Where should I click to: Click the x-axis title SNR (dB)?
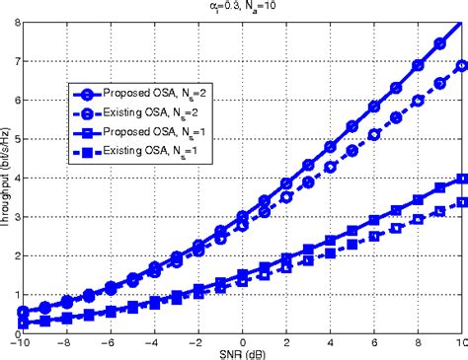tap(240, 353)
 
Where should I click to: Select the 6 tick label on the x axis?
tap(373, 341)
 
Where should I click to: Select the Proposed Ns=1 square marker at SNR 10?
tap(460, 179)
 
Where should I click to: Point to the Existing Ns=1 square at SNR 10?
tap(460, 203)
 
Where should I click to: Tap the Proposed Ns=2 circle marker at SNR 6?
tap(373, 106)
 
